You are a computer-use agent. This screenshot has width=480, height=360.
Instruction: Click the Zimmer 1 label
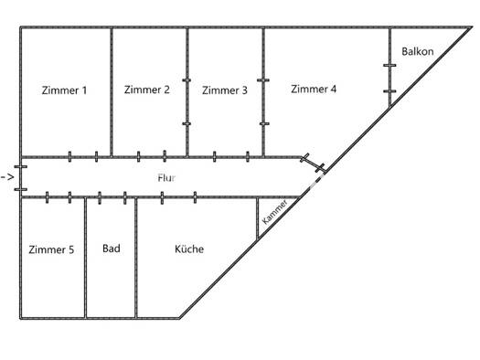(65, 90)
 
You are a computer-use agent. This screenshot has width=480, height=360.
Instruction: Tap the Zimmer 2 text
(146, 90)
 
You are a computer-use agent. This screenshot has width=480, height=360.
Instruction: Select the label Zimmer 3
(224, 90)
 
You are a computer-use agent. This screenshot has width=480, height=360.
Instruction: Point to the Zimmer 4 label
(314, 89)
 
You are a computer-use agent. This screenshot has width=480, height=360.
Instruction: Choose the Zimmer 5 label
(51, 249)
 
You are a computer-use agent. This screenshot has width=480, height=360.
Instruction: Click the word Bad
(111, 249)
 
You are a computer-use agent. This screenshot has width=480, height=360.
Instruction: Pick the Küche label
(189, 249)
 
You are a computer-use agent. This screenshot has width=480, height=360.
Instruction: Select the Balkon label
(417, 51)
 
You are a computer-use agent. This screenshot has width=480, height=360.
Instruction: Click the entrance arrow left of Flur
(7, 176)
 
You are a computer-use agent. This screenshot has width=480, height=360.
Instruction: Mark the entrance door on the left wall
(20, 176)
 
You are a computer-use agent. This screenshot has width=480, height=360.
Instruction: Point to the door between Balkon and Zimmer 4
(389, 79)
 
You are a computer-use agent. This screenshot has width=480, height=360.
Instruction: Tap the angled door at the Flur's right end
(313, 164)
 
